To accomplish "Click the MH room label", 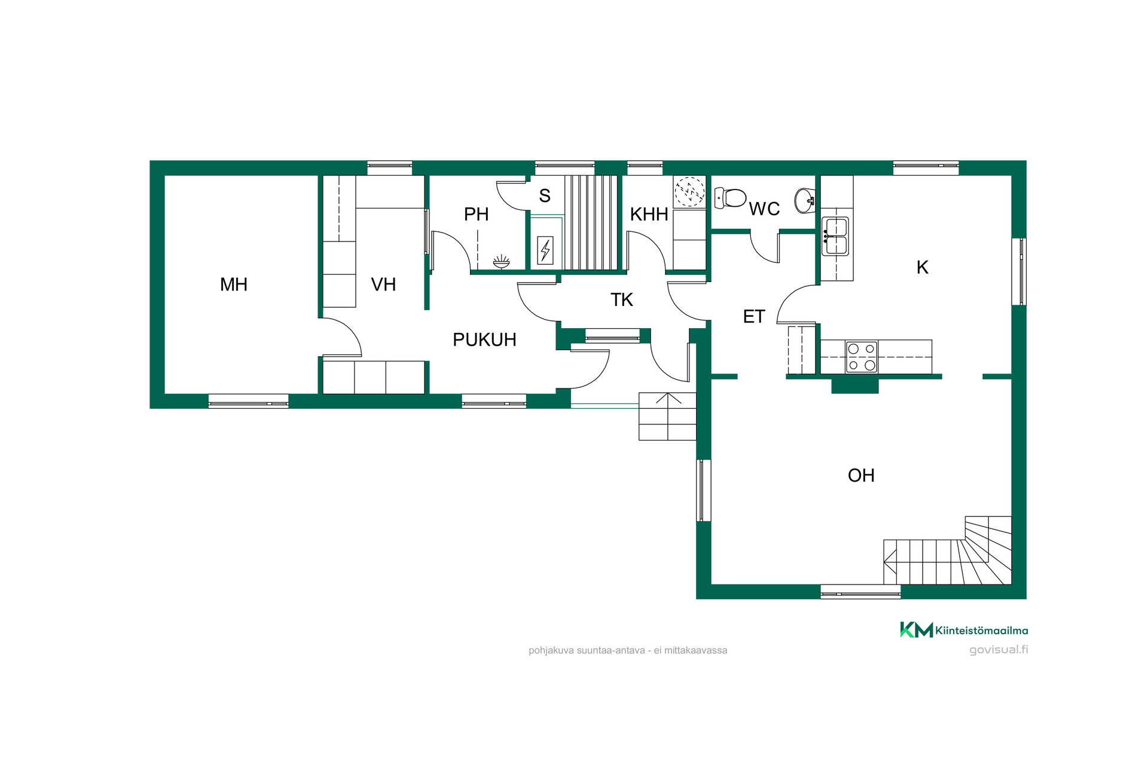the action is [234, 284].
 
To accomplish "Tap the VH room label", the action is [383, 284].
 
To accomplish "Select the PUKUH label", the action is [484, 339].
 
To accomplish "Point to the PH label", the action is [477, 214].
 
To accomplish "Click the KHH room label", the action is [649, 214].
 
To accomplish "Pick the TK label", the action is [622, 299].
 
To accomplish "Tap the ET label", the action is [754, 316].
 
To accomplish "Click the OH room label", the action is [861, 475].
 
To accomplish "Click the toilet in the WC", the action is [730, 198].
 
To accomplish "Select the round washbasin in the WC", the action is [805, 200].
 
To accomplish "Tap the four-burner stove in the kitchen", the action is [862, 357].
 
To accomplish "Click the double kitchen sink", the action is [835, 236].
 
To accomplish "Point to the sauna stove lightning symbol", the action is [545, 250].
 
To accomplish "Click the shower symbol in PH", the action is [501, 261].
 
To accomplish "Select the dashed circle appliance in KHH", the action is [689, 192].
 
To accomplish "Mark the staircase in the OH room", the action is [948, 550].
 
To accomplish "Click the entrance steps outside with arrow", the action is [667, 416].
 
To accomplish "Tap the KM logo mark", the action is [916, 630].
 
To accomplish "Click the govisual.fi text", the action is [999, 650].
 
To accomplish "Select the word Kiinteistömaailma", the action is [982, 630].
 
